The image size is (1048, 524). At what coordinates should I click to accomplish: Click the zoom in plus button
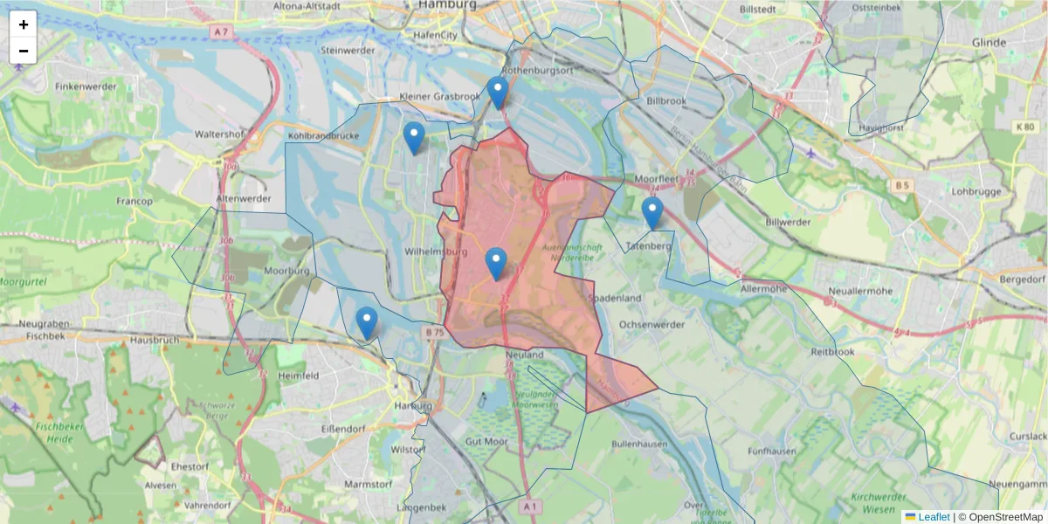point(23,24)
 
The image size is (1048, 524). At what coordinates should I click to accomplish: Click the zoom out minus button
point(23,51)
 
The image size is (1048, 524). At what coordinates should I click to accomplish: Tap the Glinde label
point(988,42)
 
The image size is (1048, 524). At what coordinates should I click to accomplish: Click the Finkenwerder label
point(86,87)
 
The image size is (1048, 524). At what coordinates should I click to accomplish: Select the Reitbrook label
point(831,351)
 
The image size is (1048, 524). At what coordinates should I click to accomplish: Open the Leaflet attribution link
point(933,517)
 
